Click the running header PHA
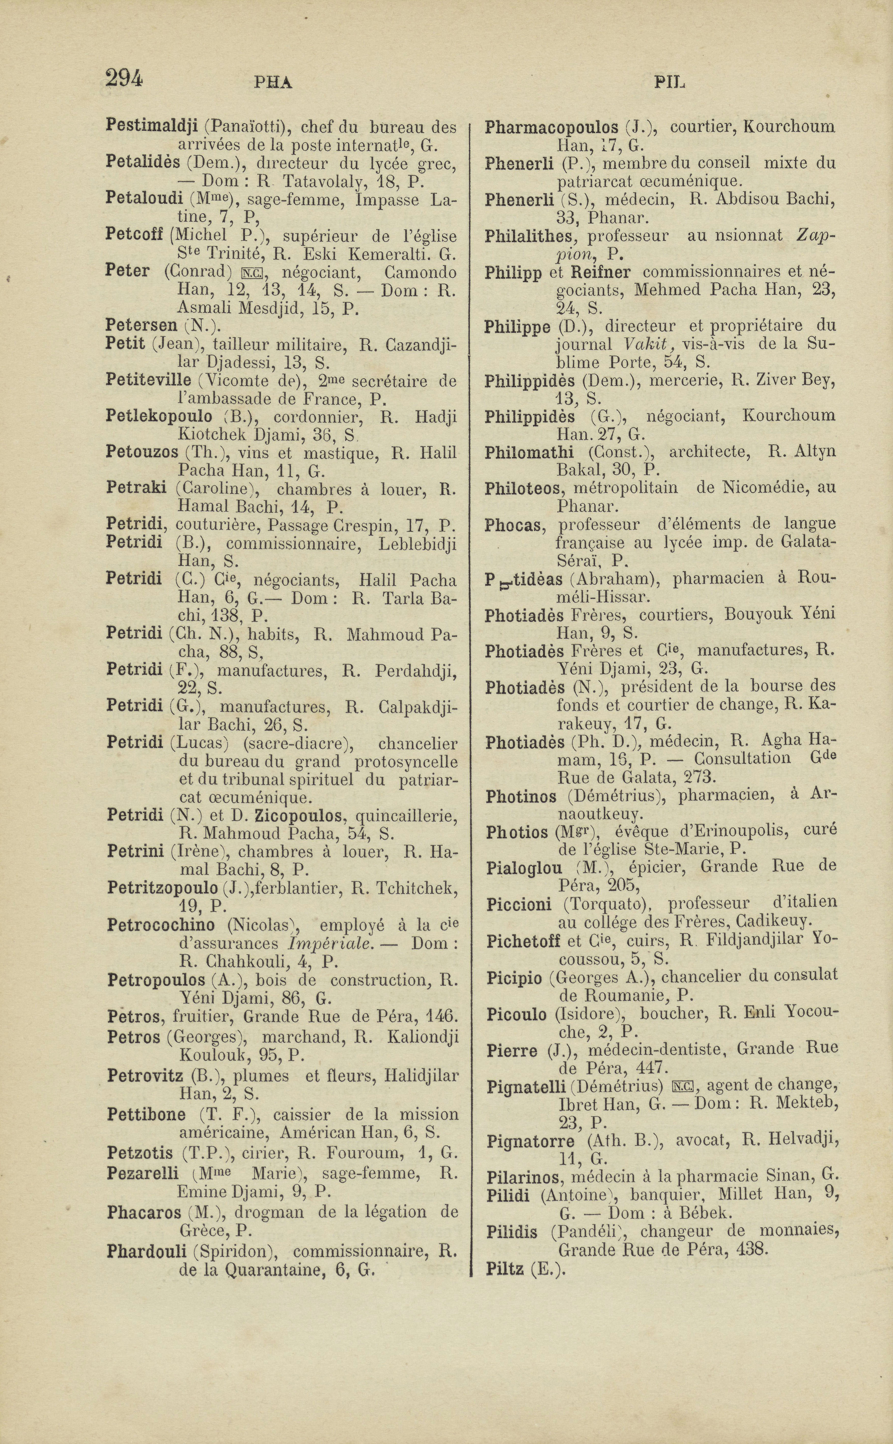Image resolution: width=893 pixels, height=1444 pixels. [x=273, y=83]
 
